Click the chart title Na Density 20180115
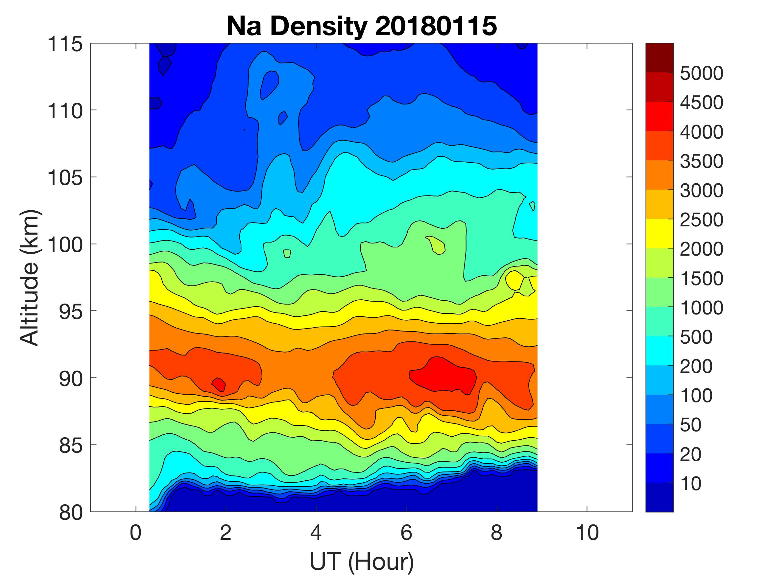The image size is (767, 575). coord(361,26)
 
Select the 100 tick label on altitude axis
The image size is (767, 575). coord(65,245)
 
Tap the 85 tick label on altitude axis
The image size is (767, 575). coord(71,446)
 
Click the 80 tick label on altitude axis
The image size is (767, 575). coord(71,513)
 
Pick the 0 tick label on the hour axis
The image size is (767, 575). coord(135,532)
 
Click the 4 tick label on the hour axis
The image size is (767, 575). coord(316,532)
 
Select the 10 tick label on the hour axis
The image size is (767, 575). coord(587,532)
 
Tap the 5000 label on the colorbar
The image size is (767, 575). coord(701,74)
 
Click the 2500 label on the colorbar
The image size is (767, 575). coord(701,220)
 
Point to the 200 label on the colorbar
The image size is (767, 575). coord(696,366)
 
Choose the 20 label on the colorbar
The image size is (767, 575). coord(691,454)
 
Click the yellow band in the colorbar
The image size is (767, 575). coord(659,233)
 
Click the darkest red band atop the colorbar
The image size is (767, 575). coord(659,57)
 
